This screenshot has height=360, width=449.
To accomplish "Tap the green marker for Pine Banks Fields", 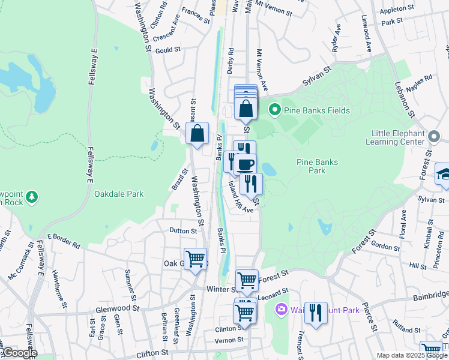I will point(274,110).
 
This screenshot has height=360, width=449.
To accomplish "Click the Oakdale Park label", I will point(119,194).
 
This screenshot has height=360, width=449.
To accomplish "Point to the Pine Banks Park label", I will point(317,166).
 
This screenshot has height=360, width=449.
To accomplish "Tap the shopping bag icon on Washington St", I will point(197,134).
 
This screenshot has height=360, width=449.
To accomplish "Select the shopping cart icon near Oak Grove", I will point(195,259).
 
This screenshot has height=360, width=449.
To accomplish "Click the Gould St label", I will point(168,50).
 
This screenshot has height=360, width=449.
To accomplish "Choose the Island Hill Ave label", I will point(241,199).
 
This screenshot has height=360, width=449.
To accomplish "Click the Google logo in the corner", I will point(20,353).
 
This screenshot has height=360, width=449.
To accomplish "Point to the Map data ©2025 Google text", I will point(411,355).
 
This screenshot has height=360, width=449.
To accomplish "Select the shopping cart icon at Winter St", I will point(247,280).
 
